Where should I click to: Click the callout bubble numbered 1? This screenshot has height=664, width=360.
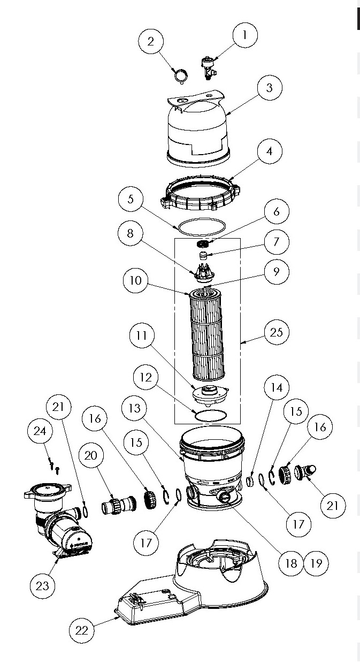tap(245, 36)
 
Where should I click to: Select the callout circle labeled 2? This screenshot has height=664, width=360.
tap(151, 42)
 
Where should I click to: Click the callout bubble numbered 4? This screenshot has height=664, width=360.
tap(270, 151)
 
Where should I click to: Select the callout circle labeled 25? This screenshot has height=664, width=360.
tap(276, 332)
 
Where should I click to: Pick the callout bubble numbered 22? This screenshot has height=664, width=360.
tap(81, 630)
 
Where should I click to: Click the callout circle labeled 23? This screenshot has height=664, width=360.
tap(42, 586)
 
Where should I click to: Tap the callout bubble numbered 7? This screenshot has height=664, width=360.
tap(276, 241)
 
